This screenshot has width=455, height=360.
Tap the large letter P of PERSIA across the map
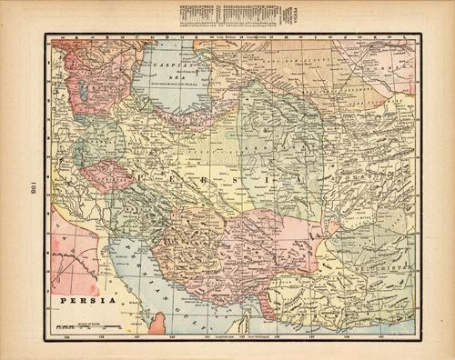142,173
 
